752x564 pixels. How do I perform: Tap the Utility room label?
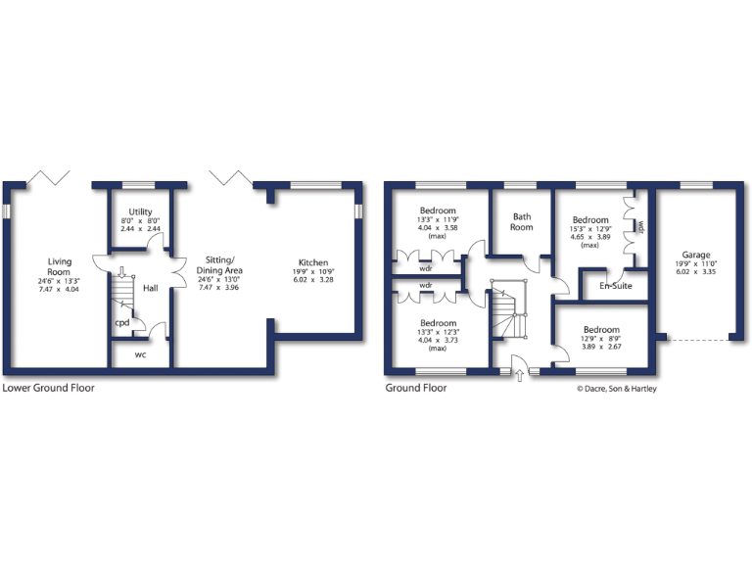click(140, 211)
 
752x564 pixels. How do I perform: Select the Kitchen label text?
click(313, 262)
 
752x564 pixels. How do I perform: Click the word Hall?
click(150, 289)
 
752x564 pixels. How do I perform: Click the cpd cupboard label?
click(122, 322)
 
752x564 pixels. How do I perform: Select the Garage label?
click(696, 254)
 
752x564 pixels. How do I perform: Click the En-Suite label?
click(615, 286)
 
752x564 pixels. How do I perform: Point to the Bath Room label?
click(521, 222)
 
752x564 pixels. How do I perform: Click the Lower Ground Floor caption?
click(49, 388)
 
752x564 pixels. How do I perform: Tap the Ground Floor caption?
click(415, 388)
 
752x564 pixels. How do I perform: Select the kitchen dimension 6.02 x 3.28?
click(313, 279)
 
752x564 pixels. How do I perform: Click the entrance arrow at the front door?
click(519, 375)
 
